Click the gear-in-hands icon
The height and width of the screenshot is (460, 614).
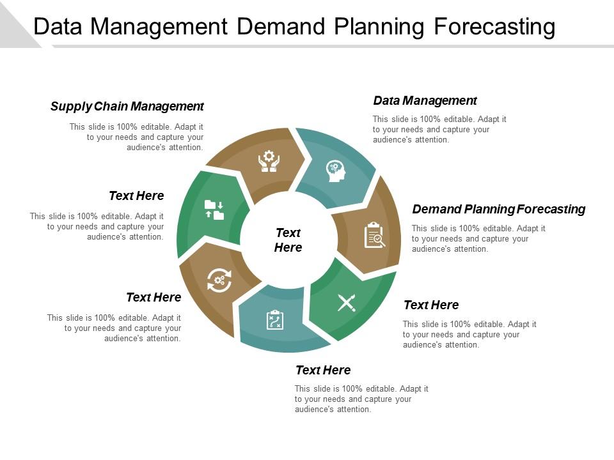point(269,161)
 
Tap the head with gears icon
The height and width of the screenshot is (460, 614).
point(336,171)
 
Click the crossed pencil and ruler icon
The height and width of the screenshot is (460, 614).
point(347,303)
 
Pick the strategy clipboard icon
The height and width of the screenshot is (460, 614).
point(275,319)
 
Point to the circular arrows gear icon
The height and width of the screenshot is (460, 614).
point(219,280)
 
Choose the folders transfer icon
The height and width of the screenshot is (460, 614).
point(214,210)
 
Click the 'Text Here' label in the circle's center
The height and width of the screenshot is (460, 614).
point(288,240)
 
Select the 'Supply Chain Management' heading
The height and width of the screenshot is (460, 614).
point(127,107)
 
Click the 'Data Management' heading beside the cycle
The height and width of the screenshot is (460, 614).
point(425,100)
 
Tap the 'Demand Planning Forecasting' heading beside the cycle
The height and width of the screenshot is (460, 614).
point(498,210)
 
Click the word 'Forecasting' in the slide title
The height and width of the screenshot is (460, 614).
point(494,27)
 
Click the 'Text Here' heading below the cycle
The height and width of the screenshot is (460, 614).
point(323,370)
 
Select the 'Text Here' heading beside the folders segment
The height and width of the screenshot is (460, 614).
point(136,195)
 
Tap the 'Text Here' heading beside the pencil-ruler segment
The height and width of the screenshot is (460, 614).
point(431,305)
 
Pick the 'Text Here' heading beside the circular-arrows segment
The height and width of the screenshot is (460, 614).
point(153,297)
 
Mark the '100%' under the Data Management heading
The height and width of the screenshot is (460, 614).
point(430,119)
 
